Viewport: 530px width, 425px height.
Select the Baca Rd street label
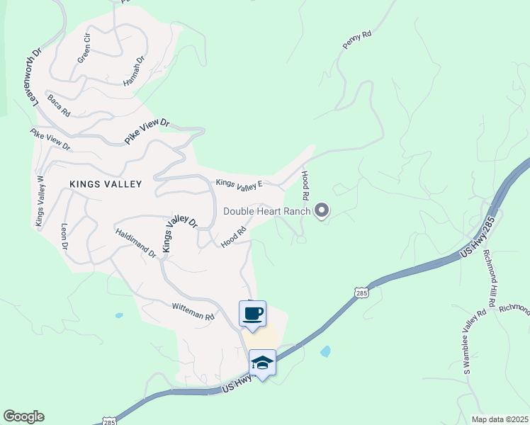(x=59, y=106)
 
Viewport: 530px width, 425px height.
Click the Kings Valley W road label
(x=40, y=202)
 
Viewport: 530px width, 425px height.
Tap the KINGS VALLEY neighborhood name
(x=106, y=184)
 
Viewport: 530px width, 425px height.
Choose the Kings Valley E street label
(x=239, y=184)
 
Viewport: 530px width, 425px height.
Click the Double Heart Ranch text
(x=267, y=211)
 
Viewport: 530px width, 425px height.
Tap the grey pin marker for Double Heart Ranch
(x=322, y=210)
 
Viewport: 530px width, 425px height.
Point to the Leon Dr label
(x=64, y=237)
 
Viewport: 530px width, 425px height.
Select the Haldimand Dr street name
(x=134, y=242)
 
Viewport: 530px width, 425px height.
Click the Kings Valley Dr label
(x=179, y=234)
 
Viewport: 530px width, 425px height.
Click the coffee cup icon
(x=253, y=313)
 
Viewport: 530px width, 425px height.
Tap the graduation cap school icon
(x=262, y=363)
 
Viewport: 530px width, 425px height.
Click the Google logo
(x=23, y=416)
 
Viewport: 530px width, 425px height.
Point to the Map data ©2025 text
(x=500, y=419)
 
